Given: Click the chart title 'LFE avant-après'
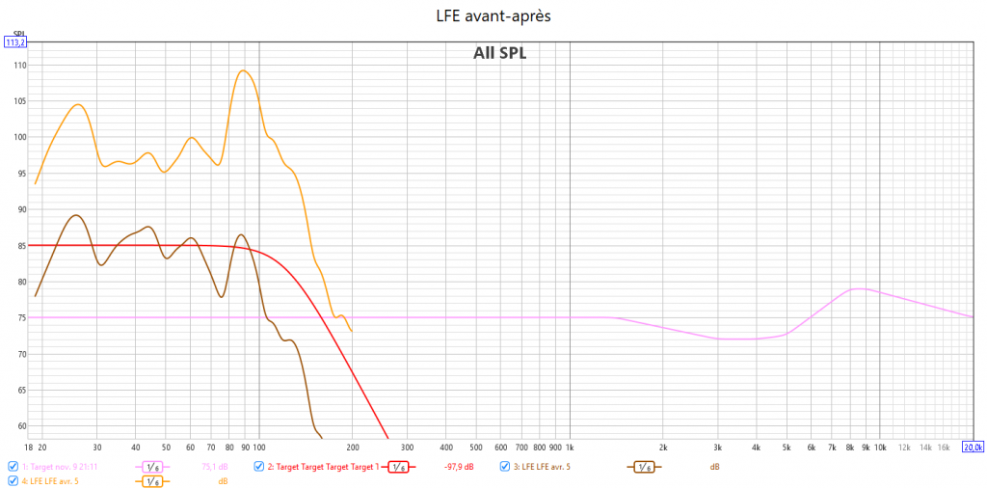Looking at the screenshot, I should click(493, 15).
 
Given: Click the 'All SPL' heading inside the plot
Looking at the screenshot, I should click(499, 54).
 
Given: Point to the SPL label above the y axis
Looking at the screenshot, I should click(14, 32).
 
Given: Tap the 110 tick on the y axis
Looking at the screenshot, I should click(19, 65).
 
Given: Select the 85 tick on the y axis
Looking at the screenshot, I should click(19, 246).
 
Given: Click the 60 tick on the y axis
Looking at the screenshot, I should click(19, 426).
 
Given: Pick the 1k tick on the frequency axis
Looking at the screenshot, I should click(570, 448).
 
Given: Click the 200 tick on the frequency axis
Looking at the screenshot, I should click(353, 448).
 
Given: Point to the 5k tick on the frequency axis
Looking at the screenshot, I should click(787, 448).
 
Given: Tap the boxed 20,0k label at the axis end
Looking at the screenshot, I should click(973, 448).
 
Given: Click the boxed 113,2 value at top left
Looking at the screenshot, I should click(15, 42).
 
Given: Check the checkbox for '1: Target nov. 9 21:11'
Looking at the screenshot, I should click(13, 467).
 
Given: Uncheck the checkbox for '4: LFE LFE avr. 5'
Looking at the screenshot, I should click(13, 480).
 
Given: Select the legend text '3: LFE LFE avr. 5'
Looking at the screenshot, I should click(542, 467).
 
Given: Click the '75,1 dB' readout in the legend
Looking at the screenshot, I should click(214, 467).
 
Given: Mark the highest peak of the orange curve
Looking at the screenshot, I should click(243, 70).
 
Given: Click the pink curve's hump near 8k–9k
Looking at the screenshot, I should click(858, 288).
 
